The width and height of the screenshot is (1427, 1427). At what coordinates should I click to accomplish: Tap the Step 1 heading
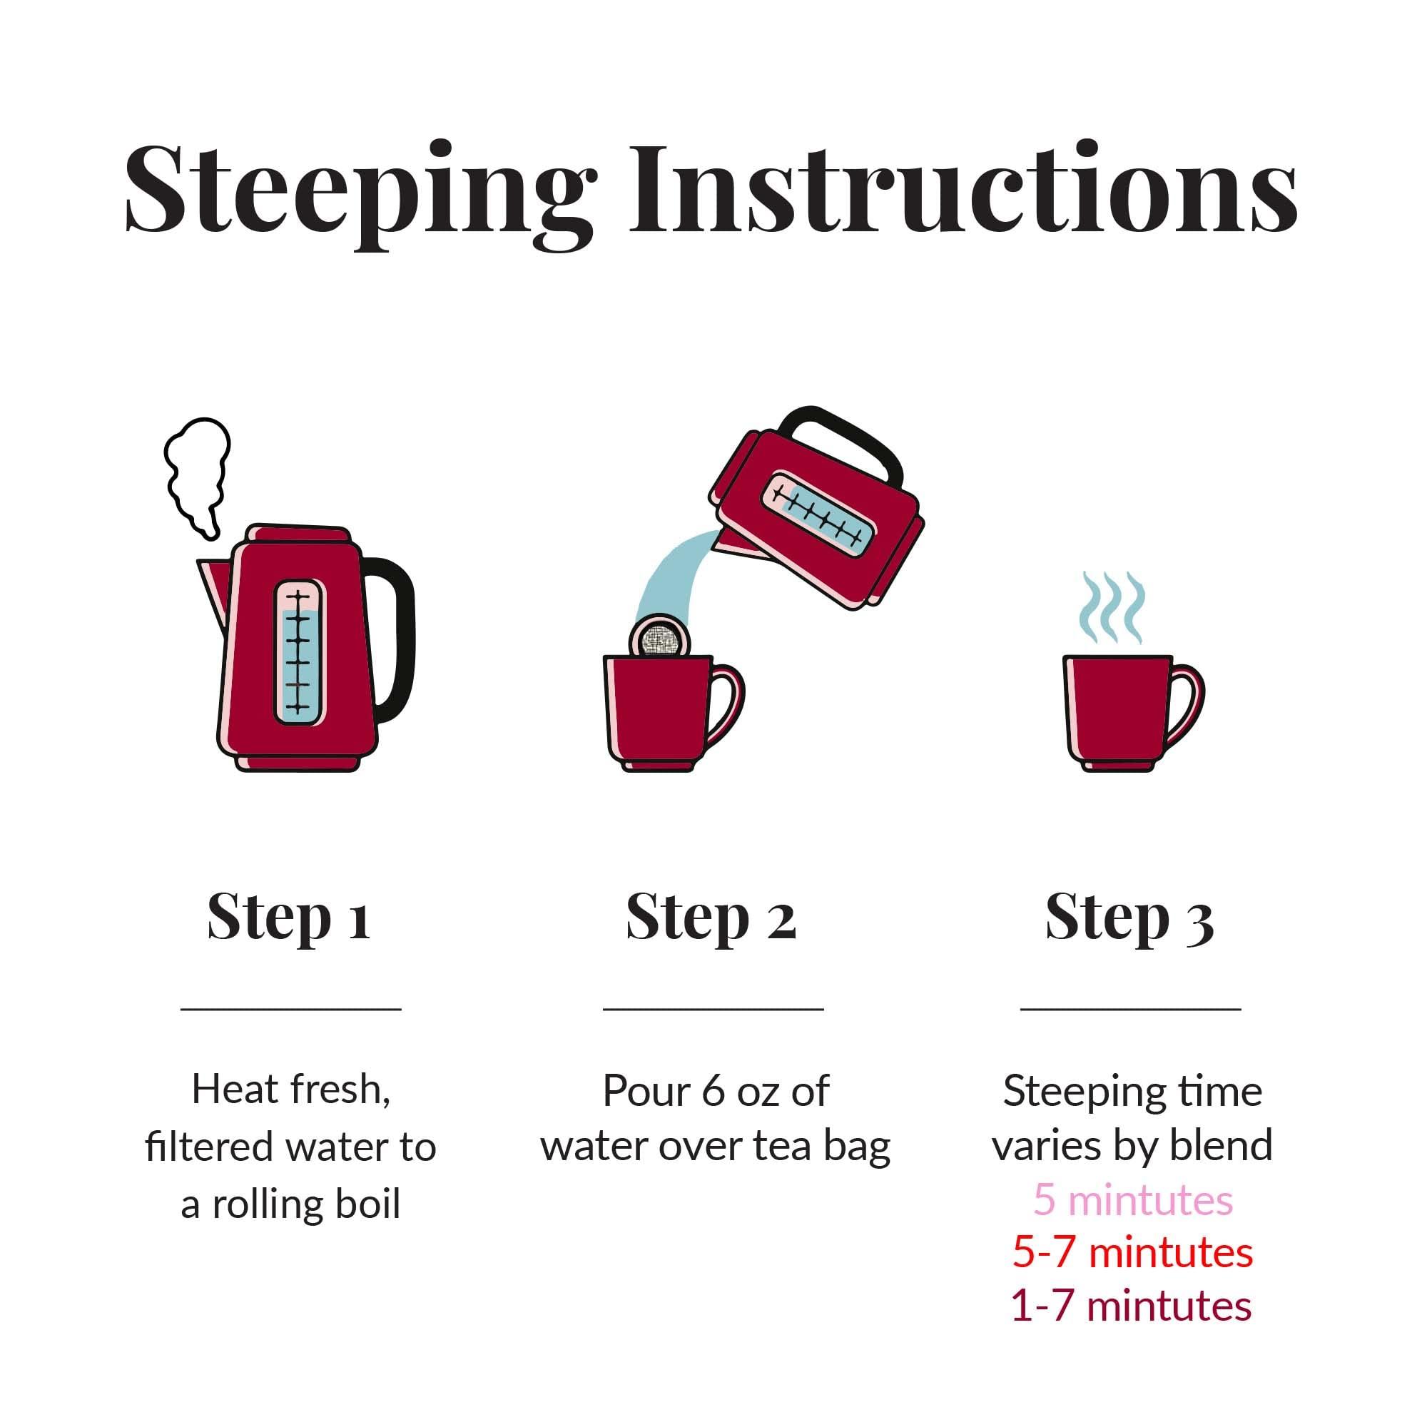pos(289,918)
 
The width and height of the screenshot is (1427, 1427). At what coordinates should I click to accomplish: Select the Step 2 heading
pos(711,918)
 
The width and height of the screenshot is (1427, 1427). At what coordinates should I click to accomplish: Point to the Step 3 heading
pos(1130,919)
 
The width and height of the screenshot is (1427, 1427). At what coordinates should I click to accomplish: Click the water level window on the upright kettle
pos(299,651)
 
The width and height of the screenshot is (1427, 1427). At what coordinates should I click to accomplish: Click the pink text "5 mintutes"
pos(1132,1199)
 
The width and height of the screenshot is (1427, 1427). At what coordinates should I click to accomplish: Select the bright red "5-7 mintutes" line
pos(1132,1253)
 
